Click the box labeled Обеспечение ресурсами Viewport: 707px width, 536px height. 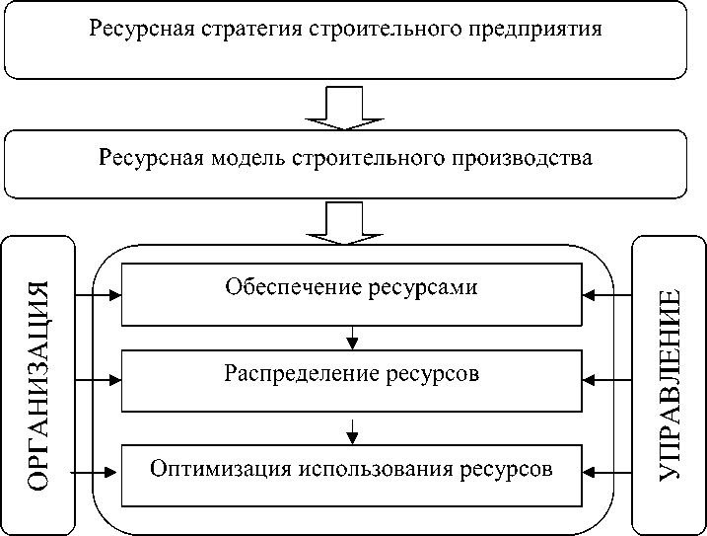351,293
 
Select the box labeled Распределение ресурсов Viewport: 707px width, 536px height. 351,379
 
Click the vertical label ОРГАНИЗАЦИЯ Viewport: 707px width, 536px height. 39,385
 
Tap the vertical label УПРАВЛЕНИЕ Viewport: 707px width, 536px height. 670,385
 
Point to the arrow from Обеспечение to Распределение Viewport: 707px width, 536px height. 352,339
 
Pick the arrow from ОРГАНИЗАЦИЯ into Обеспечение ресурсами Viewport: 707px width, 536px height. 98,294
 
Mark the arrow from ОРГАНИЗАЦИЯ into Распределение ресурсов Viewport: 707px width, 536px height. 98,379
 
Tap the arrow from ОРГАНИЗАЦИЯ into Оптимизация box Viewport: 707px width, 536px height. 98,473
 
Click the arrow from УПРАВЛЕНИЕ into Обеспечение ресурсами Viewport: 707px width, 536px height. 605,294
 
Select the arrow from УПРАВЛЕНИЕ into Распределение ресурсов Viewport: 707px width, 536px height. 605,379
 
